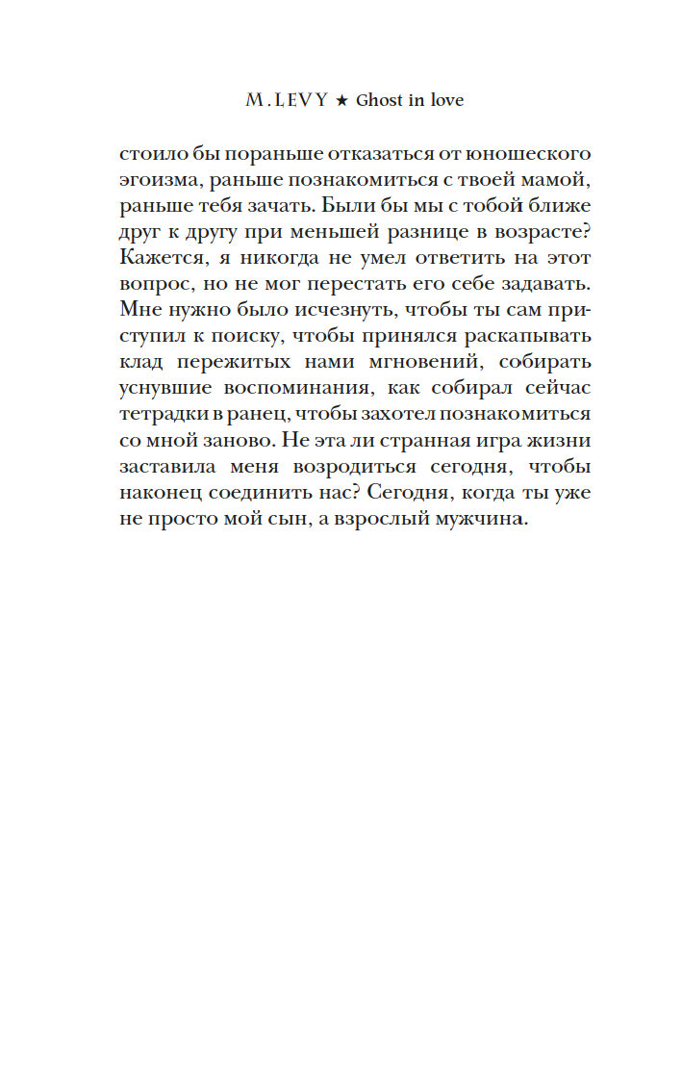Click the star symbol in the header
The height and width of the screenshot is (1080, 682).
point(341,101)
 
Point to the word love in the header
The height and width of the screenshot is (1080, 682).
point(445,101)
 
